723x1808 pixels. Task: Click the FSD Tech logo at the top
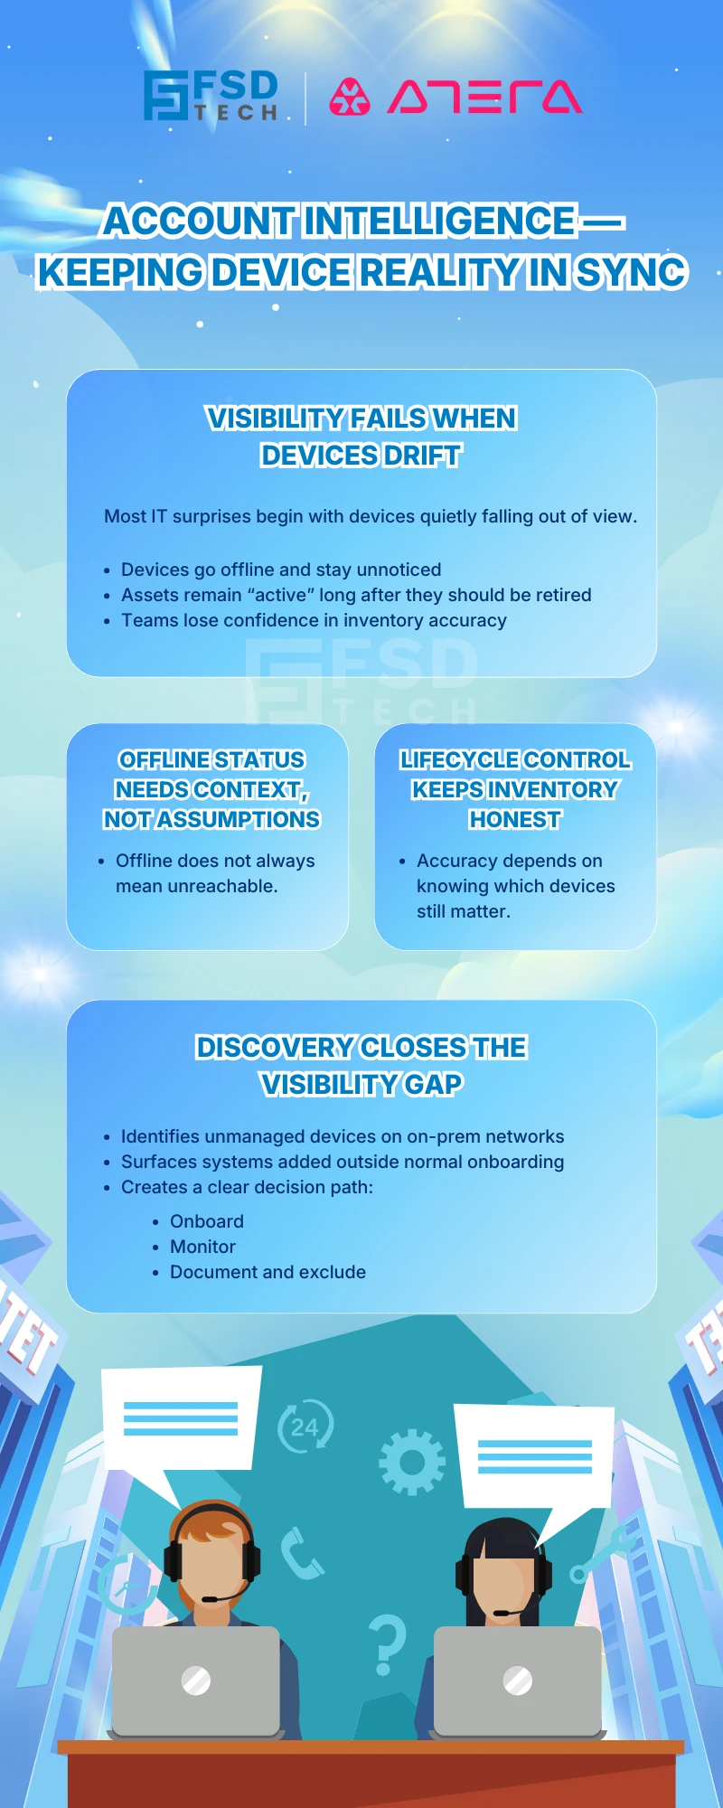click(211, 96)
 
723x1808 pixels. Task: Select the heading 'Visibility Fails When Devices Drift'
click(361, 437)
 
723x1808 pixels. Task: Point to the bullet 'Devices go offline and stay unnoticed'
click(281, 570)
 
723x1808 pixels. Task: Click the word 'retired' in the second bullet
click(559, 595)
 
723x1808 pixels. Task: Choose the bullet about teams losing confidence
click(314, 620)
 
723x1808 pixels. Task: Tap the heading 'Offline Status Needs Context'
click(211, 789)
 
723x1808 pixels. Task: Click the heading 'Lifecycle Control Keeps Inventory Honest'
click(515, 789)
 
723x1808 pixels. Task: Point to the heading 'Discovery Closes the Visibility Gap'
click(361, 1065)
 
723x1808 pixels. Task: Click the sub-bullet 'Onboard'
click(207, 1221)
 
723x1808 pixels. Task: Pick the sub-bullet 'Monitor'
click(202, 1247)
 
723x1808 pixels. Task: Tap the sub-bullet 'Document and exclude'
click(268, 1272)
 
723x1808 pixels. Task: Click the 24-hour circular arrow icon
click(305, 1427)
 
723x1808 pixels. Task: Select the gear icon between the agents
click(412, 1462)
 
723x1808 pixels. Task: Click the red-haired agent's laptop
click(195, 1681)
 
